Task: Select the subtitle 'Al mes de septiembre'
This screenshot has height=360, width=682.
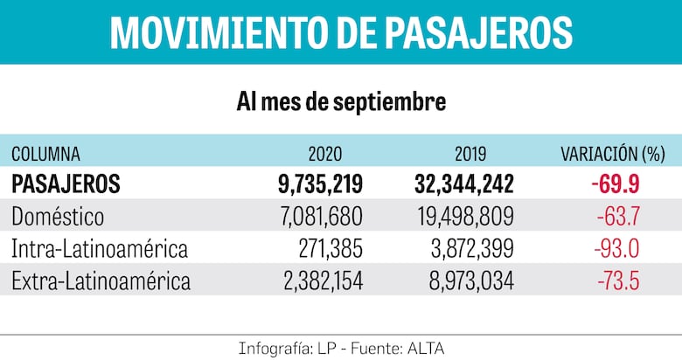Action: coord(341,102)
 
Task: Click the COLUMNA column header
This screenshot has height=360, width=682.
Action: coord(45,155)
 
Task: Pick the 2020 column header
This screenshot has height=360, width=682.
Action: coord(325,155)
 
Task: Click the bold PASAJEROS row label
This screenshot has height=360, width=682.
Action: coord(66,184)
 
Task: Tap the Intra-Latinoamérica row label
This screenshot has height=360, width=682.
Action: coord(100,249)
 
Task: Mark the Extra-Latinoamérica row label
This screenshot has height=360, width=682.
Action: coord(101,281)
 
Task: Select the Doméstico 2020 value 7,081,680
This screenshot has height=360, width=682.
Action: coord(317,217)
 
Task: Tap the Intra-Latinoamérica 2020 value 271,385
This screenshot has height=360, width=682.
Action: coord(330,249)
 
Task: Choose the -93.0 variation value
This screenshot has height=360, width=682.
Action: coord(617,249)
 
